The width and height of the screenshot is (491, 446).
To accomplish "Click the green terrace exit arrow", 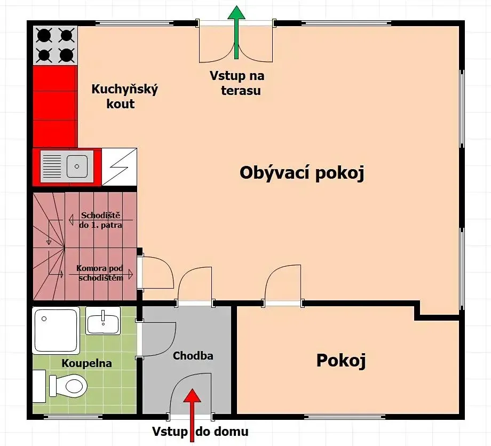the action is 236,32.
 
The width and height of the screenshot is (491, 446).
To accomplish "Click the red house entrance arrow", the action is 192,415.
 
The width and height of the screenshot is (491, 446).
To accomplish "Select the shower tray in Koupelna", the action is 56,331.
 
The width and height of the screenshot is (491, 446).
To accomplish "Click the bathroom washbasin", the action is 103,321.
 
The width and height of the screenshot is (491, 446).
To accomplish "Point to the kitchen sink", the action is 67,166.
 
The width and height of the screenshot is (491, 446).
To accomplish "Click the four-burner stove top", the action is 55,45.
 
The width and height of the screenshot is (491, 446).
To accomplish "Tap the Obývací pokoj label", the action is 302,173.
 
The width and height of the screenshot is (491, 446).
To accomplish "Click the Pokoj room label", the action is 341,361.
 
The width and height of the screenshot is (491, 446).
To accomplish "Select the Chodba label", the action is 193,355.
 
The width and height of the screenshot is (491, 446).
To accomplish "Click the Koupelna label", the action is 86,363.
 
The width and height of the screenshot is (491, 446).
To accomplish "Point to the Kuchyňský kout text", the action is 125,96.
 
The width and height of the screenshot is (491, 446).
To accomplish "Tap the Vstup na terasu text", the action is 237,83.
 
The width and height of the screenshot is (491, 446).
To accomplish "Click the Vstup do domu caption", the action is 201,431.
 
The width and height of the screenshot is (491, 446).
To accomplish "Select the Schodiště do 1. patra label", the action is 100,220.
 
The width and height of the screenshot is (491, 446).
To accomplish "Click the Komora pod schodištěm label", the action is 100,273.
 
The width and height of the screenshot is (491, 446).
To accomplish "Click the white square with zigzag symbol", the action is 120,167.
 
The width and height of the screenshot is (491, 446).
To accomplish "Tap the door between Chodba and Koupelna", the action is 156,339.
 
